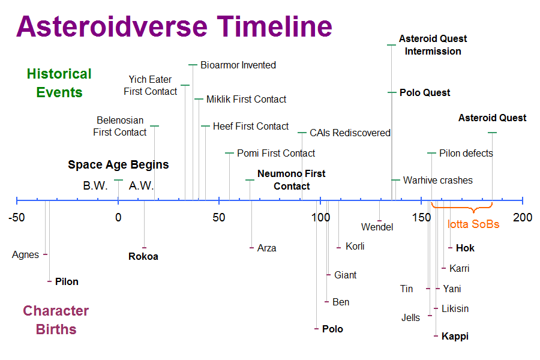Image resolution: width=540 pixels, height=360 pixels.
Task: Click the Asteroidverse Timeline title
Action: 174,26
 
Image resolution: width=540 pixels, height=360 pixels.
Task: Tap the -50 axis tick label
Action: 17,217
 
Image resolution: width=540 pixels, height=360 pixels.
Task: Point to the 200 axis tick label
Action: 523,217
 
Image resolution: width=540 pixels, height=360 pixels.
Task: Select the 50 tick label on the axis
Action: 219,217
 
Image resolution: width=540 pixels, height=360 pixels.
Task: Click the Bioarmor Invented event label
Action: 238,65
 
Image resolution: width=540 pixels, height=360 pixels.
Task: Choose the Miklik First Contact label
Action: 246,99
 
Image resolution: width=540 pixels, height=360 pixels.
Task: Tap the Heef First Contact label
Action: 251,126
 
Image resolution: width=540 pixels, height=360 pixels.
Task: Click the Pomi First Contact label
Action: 276,153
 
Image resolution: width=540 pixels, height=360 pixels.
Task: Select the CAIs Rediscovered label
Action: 350,133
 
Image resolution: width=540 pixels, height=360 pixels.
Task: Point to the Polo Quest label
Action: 425,92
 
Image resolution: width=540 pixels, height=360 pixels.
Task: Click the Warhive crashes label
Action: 438,180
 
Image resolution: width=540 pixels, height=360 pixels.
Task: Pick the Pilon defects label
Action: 466,154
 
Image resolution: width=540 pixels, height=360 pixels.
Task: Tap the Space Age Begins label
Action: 118,164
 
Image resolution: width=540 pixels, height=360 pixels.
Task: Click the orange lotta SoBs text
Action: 473,224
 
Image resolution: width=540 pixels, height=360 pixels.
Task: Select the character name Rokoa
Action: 143,256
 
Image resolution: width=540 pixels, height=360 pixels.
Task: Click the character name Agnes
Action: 25,255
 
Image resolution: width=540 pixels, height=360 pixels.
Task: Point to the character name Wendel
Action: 377,227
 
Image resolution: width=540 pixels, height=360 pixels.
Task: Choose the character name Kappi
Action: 455,336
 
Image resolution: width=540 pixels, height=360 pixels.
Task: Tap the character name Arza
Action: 266,248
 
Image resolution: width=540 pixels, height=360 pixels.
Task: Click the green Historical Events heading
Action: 59,83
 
